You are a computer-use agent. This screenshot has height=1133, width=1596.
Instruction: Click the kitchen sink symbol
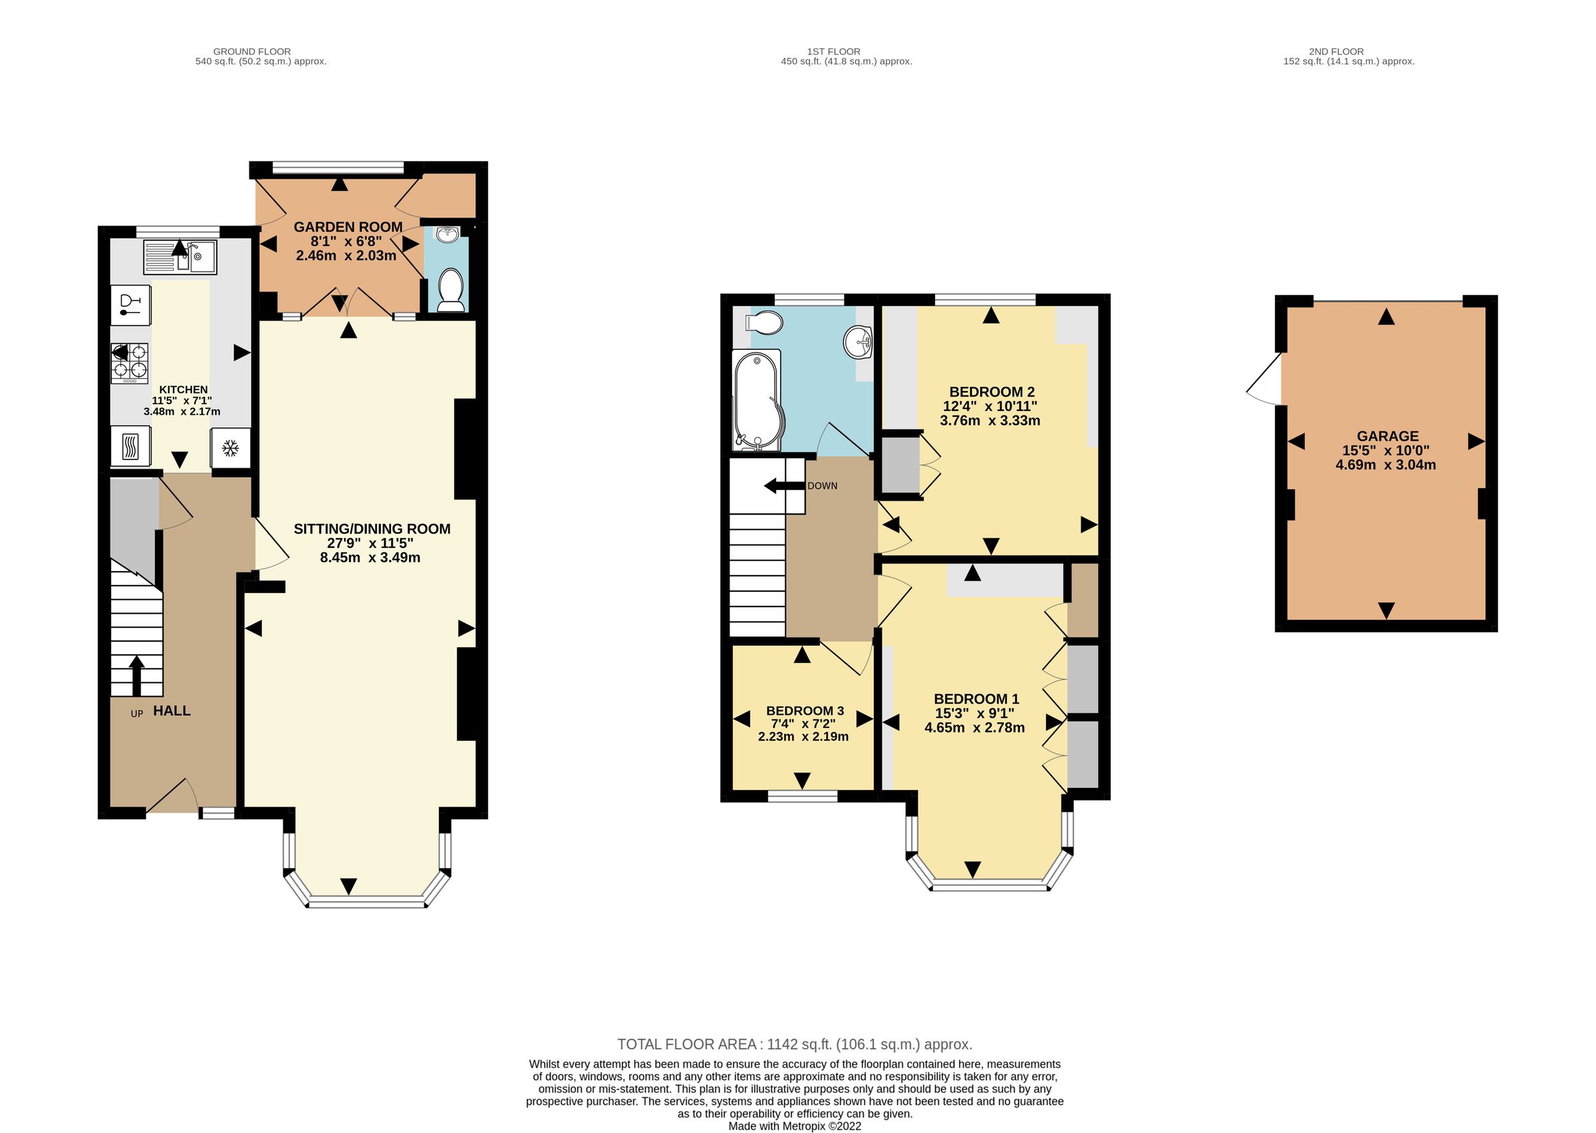point(181,257)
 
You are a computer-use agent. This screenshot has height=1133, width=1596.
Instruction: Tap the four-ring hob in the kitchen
point(130,363)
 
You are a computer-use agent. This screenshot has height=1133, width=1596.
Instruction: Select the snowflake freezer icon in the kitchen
point(230,448)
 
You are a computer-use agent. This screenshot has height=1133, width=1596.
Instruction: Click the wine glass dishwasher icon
point(130,305)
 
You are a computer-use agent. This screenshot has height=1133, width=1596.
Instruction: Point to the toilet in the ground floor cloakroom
point(451,291)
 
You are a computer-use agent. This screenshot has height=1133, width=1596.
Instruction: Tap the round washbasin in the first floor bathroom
point(858,342)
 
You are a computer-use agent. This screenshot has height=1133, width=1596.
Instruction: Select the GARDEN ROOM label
point(347,227)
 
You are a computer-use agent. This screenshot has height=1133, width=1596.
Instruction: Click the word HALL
point(172,711)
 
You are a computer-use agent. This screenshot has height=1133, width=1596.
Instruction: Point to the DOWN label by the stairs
point(822,485)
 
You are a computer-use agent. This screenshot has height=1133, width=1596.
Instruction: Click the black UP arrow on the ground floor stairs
point(137,675)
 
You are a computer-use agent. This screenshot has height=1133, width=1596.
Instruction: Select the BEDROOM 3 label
point(804,711)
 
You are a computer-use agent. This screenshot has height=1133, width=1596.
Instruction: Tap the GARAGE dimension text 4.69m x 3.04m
point(1385,465)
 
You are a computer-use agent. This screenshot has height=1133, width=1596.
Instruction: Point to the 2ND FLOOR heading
point(1336,51)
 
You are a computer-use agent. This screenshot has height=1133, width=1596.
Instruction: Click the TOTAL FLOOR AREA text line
point(795,1045)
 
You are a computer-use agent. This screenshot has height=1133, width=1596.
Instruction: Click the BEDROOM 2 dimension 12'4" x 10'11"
point(990,406)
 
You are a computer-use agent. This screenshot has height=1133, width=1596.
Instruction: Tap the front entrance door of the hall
point(171,797)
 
